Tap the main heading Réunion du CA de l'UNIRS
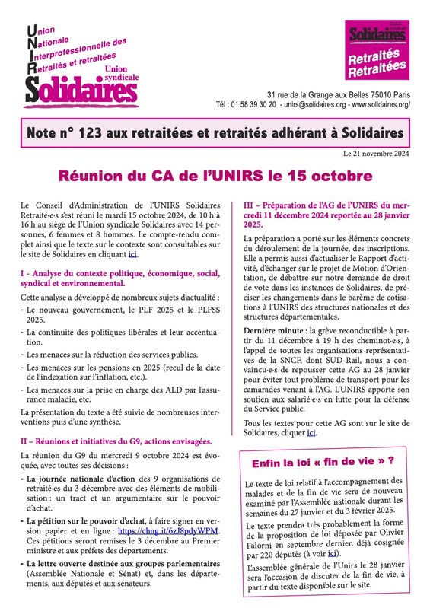[215, 175]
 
